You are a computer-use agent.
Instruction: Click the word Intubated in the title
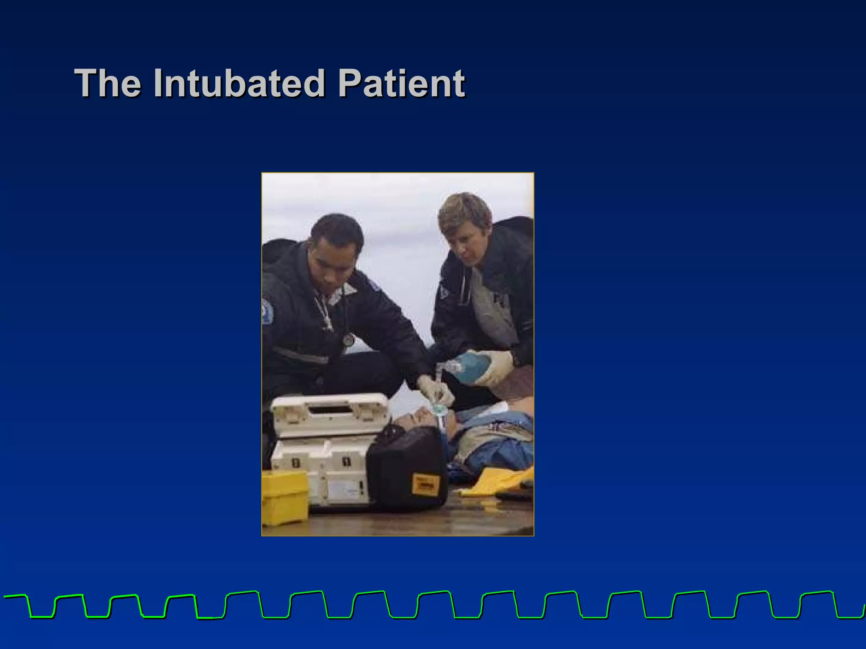click(239, 83)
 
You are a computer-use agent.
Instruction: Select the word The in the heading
click(108, 83)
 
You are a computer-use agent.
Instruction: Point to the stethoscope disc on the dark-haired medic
click(348, 339)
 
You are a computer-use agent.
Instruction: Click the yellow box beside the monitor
click(284, 496)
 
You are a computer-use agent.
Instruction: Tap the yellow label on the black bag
click(425, 484)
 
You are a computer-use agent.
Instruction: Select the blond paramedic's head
click(464, 224)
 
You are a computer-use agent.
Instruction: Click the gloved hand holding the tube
click(436, 391)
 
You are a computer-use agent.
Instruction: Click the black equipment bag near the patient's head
click(406, 469)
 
